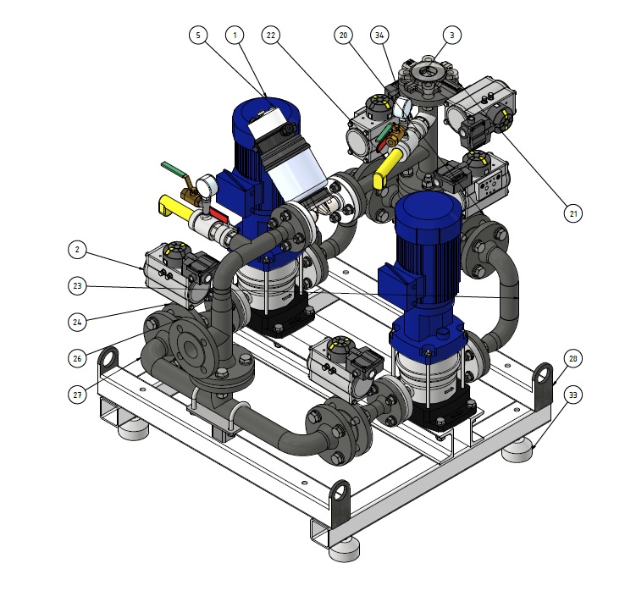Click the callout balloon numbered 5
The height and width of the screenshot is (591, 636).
click(198, 36)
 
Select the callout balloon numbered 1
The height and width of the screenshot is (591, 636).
click(235, 36)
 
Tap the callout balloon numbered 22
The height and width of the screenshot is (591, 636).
click(270, 36)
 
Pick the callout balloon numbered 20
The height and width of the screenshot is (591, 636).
click(343, 36)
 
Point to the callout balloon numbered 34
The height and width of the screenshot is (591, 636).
click(379, 36)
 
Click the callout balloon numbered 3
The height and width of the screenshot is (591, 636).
click(452, 36)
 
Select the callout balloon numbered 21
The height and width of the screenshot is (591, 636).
click(573, 213)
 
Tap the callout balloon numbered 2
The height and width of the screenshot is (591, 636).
click(77, 250)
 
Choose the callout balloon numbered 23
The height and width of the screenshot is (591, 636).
click(77, 286)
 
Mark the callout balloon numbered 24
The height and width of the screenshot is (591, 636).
click(77, 322)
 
